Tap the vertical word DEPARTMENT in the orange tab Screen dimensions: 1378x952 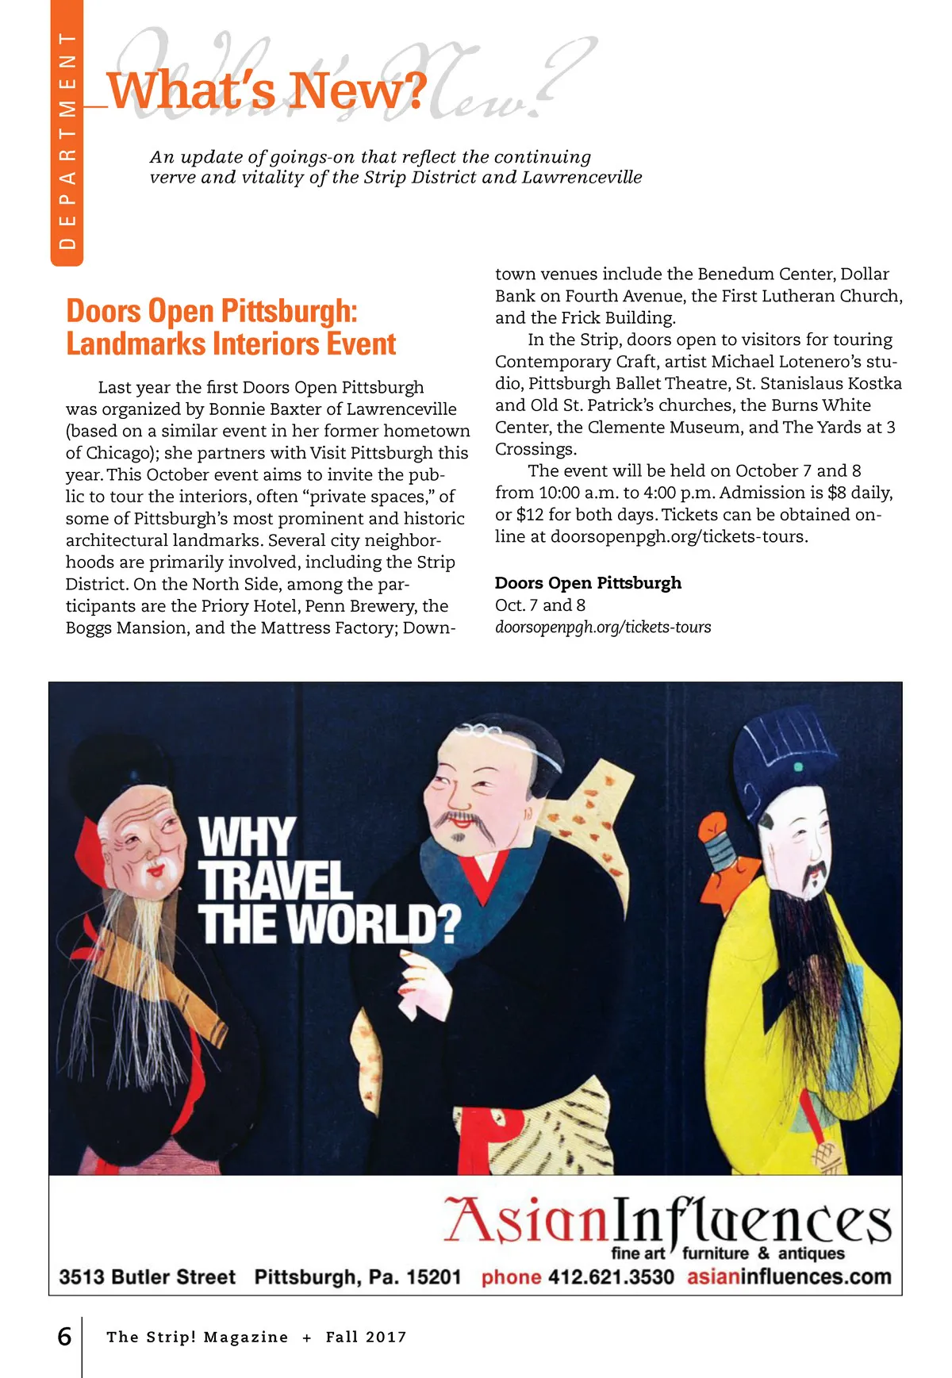(67, 141)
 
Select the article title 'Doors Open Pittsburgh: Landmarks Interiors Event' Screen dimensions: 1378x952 (230, 327)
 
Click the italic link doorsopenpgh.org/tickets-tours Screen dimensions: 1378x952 (603, 628)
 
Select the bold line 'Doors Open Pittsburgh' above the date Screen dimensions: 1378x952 (588, 583)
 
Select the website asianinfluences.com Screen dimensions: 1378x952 (789, 1277)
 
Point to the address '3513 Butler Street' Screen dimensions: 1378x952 (148, 1277)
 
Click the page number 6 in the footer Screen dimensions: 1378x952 (64, 1337)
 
